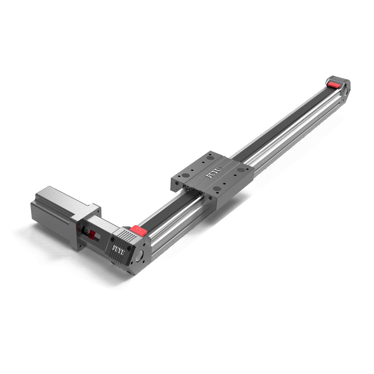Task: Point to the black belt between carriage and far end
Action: click(x=287, y=122)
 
